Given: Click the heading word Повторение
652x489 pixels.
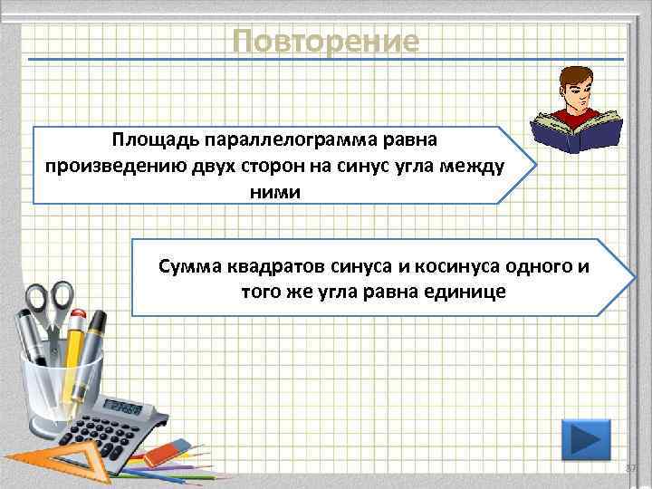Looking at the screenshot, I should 325,41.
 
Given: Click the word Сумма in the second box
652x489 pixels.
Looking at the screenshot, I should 187,266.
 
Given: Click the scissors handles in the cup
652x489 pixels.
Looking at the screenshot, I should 49,299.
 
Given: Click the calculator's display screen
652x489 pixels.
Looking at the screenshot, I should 122,407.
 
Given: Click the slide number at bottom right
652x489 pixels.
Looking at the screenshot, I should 631,467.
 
